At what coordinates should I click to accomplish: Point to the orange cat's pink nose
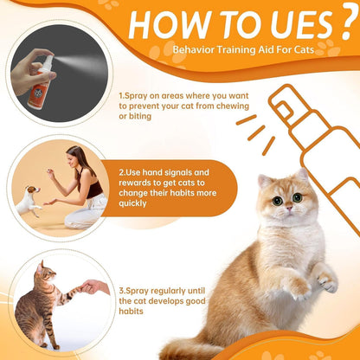(x=287, y=213)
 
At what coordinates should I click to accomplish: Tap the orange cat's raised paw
(x=326, y=280)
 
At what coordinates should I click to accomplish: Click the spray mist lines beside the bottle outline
(x=252, y=126)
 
